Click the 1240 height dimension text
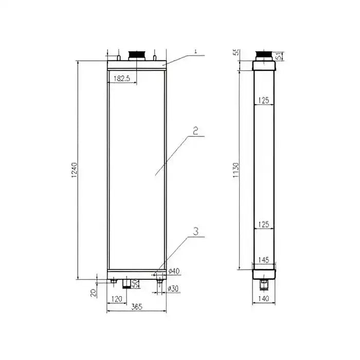75,171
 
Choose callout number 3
195,231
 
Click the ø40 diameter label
174,271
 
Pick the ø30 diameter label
174,289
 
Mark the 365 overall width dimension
136,307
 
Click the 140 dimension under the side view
263,298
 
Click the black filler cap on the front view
136,55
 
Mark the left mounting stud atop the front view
119,58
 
